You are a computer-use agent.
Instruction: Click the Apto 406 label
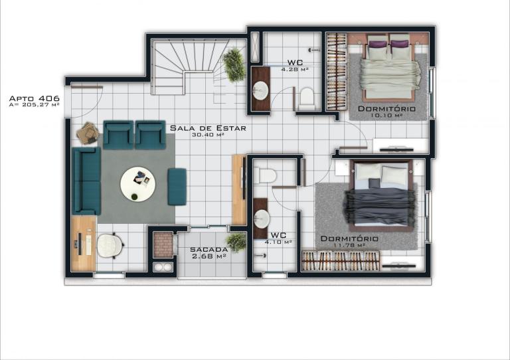click(x=34, y=98)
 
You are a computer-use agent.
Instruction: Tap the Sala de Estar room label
click(x=208, y=128)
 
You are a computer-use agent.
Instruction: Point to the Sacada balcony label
click(x=209, y=250)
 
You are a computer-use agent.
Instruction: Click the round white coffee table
click(x=138, y=185)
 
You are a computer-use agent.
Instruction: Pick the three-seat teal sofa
click(x=86, y=181)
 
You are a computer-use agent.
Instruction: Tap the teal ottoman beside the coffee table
click(x=177, y=187)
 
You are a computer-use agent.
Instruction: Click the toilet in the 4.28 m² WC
click(x=307, y=98)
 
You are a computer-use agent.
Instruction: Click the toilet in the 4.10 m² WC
click(x=265, y=175)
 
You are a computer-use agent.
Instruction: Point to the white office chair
click(x=110, y=246)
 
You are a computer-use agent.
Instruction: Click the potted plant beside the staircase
click(x=234, y=64)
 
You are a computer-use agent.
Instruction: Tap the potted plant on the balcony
click(x=236, y=242)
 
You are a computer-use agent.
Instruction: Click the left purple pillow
click(x=377, y=44)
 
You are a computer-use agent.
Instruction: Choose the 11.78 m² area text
click(x=349, y=245)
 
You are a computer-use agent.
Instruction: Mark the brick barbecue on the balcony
click(x=163, y=244)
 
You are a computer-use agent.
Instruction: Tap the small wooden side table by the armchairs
click(x=88, y=133)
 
